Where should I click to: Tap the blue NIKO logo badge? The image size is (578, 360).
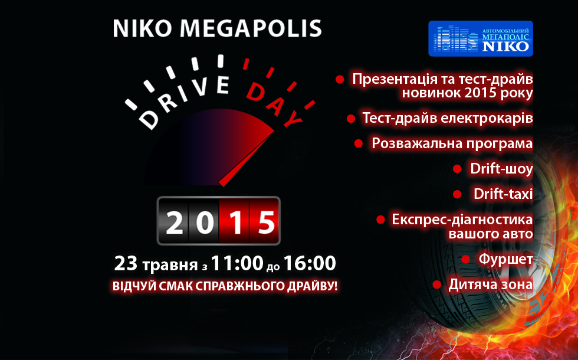point(481,38)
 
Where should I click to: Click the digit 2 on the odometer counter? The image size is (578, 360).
point(174,222)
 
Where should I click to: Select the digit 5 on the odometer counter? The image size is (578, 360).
point(266,222)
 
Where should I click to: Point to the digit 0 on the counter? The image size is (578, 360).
point(205,222)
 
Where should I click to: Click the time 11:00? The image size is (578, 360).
point(237,263)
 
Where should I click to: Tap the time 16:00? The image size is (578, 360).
point(310,263)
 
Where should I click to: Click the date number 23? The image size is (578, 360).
point(126,263)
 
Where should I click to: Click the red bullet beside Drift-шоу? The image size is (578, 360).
point(457,169)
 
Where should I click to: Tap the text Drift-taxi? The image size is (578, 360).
point(503,194)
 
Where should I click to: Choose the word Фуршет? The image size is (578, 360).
point(506,259)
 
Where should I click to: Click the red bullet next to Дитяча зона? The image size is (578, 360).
point(437,284)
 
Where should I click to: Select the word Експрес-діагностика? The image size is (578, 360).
point(462,220)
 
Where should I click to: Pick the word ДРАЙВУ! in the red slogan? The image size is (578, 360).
point(313,286)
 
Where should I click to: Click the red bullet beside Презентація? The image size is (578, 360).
point(340,79)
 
